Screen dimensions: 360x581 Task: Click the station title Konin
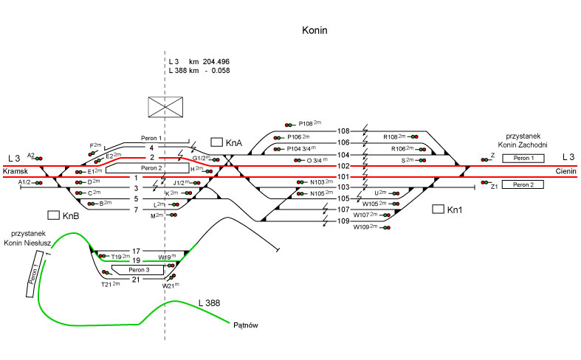314,31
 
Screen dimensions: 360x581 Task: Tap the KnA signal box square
217,141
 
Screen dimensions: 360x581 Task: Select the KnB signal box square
53,215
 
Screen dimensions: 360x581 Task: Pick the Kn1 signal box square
438,210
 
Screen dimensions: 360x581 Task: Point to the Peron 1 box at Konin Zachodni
523,159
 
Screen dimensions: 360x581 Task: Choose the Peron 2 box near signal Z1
523,184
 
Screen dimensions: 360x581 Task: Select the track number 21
136,280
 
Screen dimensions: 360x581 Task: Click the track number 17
136,252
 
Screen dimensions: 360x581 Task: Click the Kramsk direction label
15,171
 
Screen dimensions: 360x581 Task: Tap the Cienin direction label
565,171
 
